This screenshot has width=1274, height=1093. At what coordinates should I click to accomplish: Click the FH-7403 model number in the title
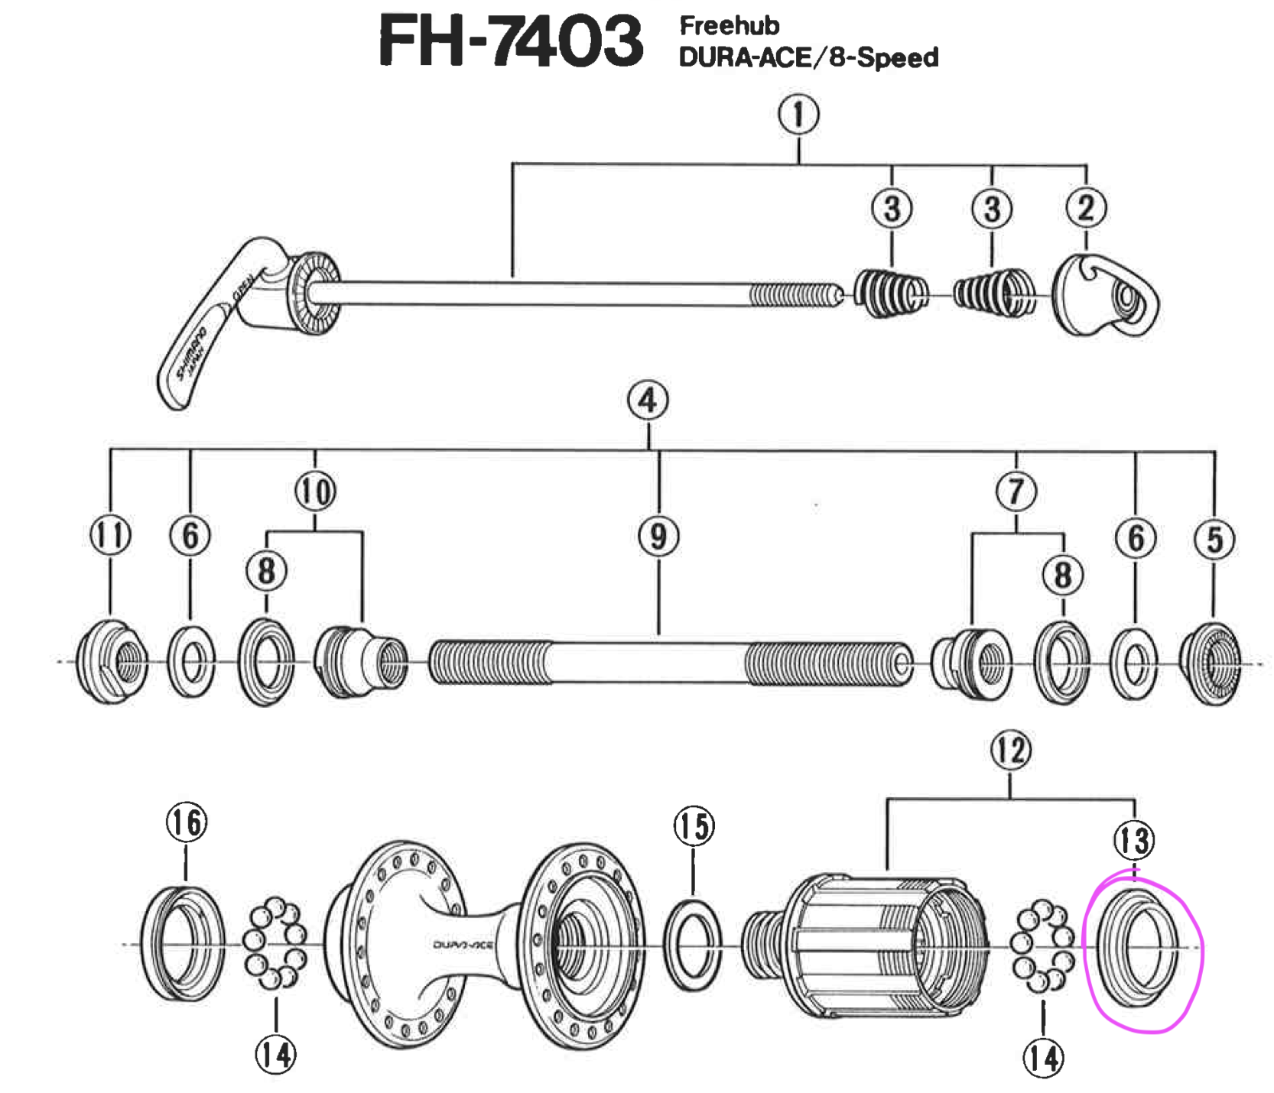pos(510,41)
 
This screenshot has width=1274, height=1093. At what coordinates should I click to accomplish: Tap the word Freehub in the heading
pos(729,26)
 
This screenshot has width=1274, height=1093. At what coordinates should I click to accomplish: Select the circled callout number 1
pos(798,115)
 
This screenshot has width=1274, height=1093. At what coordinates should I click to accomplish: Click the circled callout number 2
pos(1086,208)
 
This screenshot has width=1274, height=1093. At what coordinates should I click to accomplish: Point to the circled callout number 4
pos(648,401)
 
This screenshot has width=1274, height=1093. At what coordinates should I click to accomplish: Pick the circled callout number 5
pos(1214,539)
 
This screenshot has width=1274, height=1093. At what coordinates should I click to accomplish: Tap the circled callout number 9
pos(658,536)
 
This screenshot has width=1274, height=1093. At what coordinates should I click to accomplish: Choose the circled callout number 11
pos(110,534)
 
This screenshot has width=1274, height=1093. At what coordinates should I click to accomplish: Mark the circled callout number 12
pos(1010,751)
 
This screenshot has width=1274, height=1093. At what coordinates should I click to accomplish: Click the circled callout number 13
pos(1133,841)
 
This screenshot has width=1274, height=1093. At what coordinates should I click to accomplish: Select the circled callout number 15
pos(694,826)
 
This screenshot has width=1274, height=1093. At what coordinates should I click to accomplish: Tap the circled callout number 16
pos(187,822)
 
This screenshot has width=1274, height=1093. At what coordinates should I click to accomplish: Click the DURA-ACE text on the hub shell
pos(463,945)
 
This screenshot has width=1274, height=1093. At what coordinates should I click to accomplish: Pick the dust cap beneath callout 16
pos(184,944)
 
